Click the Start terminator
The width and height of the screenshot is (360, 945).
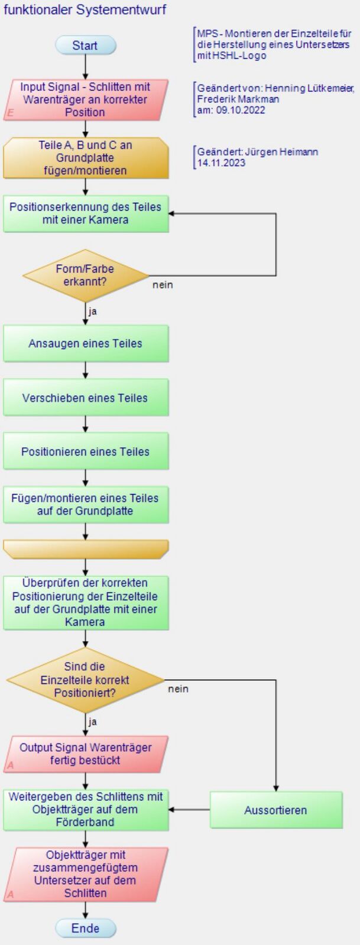(86, 45)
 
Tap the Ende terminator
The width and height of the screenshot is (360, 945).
(86, 928)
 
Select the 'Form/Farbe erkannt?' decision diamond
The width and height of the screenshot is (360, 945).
(86, 275)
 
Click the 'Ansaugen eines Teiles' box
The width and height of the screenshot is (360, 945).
(86, 343)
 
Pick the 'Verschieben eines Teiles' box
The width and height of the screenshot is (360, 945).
(86, 397)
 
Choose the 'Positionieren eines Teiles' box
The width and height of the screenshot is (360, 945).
(86, 452)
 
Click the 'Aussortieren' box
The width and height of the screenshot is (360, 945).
(276, 810)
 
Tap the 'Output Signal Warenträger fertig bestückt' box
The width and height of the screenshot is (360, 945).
(86, 754)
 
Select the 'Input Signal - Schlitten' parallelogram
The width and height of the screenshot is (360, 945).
(86, 100)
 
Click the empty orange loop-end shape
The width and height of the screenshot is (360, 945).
(86, 550)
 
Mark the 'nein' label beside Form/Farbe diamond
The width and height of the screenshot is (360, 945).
(163, 285)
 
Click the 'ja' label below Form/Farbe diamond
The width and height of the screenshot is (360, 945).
(92, 311)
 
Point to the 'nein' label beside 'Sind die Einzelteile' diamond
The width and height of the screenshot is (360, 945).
(178, 689)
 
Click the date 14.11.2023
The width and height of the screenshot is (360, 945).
(221, 163)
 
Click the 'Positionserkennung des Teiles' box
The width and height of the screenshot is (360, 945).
(86, 213)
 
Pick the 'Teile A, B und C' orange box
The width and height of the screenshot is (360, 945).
(86, 158)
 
